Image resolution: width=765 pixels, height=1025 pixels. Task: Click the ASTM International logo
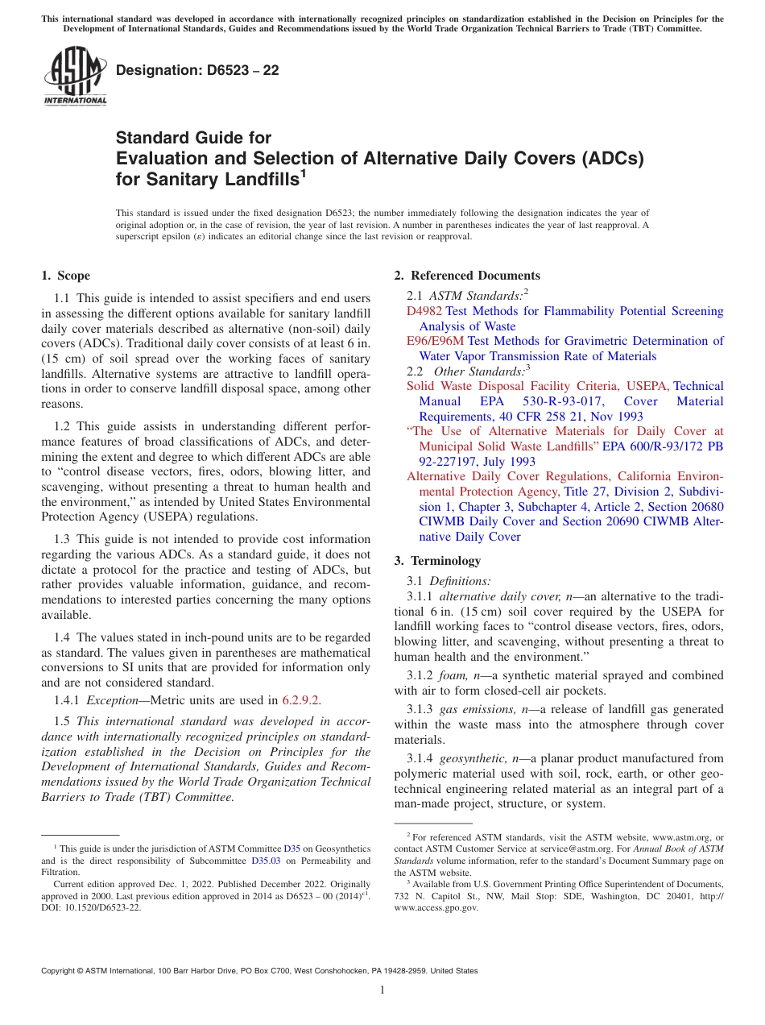coord(75,77)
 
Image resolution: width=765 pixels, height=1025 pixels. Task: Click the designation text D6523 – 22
coord(197,70)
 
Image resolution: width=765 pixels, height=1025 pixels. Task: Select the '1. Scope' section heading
coord(65,276)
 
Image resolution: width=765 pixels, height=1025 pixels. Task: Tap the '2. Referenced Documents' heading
coord(467,276)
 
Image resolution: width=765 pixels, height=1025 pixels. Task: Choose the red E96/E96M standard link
coord(436,341)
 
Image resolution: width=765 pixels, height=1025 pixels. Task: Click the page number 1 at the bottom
coord(382,990)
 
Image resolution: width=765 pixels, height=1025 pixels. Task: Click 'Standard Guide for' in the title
coord(194,138)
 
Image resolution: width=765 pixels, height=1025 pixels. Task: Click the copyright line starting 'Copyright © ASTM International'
coord(259,971)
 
